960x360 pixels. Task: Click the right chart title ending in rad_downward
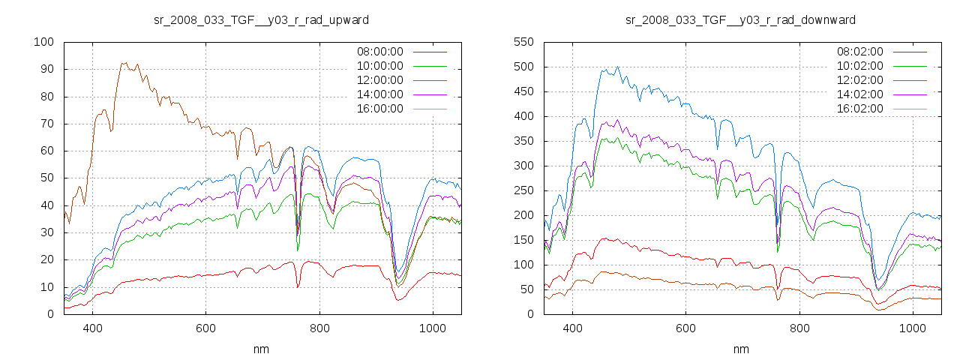[x=741, y=19]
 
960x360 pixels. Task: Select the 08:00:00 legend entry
[x=379, y=52]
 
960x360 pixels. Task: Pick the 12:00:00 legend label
[x=379, y=80]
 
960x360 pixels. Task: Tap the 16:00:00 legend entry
[x=379, y=109]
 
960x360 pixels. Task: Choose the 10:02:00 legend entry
[x=859, y=66]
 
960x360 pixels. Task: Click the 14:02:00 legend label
[x=859, y=94]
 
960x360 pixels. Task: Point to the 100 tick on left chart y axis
[x=43, y=42]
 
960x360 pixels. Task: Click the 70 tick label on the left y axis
[x=46, y=124]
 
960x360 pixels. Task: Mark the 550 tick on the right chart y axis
[x=523, y=42]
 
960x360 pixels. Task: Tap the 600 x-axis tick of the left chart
[x=205, y=328]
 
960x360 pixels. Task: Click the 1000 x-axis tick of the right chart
[x=912, y=328]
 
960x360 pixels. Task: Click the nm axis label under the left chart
[x=261, y=349]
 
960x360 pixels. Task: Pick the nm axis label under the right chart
[x=741, y=349]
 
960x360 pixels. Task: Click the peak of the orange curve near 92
[x=124, y=64]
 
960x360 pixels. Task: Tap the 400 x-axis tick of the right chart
[x=572, y=328]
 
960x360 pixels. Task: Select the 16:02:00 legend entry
[x=859, y=109]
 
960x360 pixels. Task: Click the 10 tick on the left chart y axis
[x=46, y=287]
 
